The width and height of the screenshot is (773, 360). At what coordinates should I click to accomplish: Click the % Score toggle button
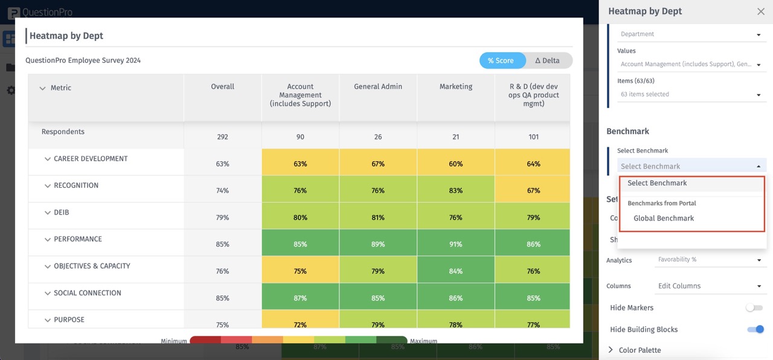[501, 60]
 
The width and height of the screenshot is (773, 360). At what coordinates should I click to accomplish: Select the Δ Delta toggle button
[547, 60]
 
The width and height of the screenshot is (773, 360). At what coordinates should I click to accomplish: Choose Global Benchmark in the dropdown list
[664, 218]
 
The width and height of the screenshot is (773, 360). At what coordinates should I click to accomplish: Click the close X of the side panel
[760, 11]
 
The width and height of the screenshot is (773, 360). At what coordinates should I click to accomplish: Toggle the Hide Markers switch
[754, 307]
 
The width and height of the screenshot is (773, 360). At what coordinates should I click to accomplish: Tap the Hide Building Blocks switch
[755, 329]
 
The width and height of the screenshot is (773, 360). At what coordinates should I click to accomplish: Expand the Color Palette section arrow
[611, 350]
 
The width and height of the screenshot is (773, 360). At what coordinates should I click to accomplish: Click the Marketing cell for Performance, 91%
[455, 244]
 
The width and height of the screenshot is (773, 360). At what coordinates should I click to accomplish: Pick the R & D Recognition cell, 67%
[533, 190]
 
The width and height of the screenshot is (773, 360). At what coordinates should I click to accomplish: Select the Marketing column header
[455, 86]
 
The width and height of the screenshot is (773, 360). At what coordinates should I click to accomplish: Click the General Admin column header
[378, 86]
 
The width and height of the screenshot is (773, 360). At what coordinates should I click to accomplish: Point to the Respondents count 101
[533, 137]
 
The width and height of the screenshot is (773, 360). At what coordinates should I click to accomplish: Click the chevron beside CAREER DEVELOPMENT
[47, 159]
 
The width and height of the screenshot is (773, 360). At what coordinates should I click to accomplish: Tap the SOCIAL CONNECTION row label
[88, 293]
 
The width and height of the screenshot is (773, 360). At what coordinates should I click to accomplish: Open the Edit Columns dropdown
[710, 286]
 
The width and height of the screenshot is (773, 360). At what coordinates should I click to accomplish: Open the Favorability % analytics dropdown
[710, 260]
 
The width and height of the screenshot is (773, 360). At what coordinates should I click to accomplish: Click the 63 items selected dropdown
[690, 94]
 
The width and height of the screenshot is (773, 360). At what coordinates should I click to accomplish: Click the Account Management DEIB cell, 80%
[300, 217]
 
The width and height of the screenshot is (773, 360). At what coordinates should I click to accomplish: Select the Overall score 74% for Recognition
[222, 190]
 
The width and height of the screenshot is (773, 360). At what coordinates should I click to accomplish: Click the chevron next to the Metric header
[42, 88]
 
